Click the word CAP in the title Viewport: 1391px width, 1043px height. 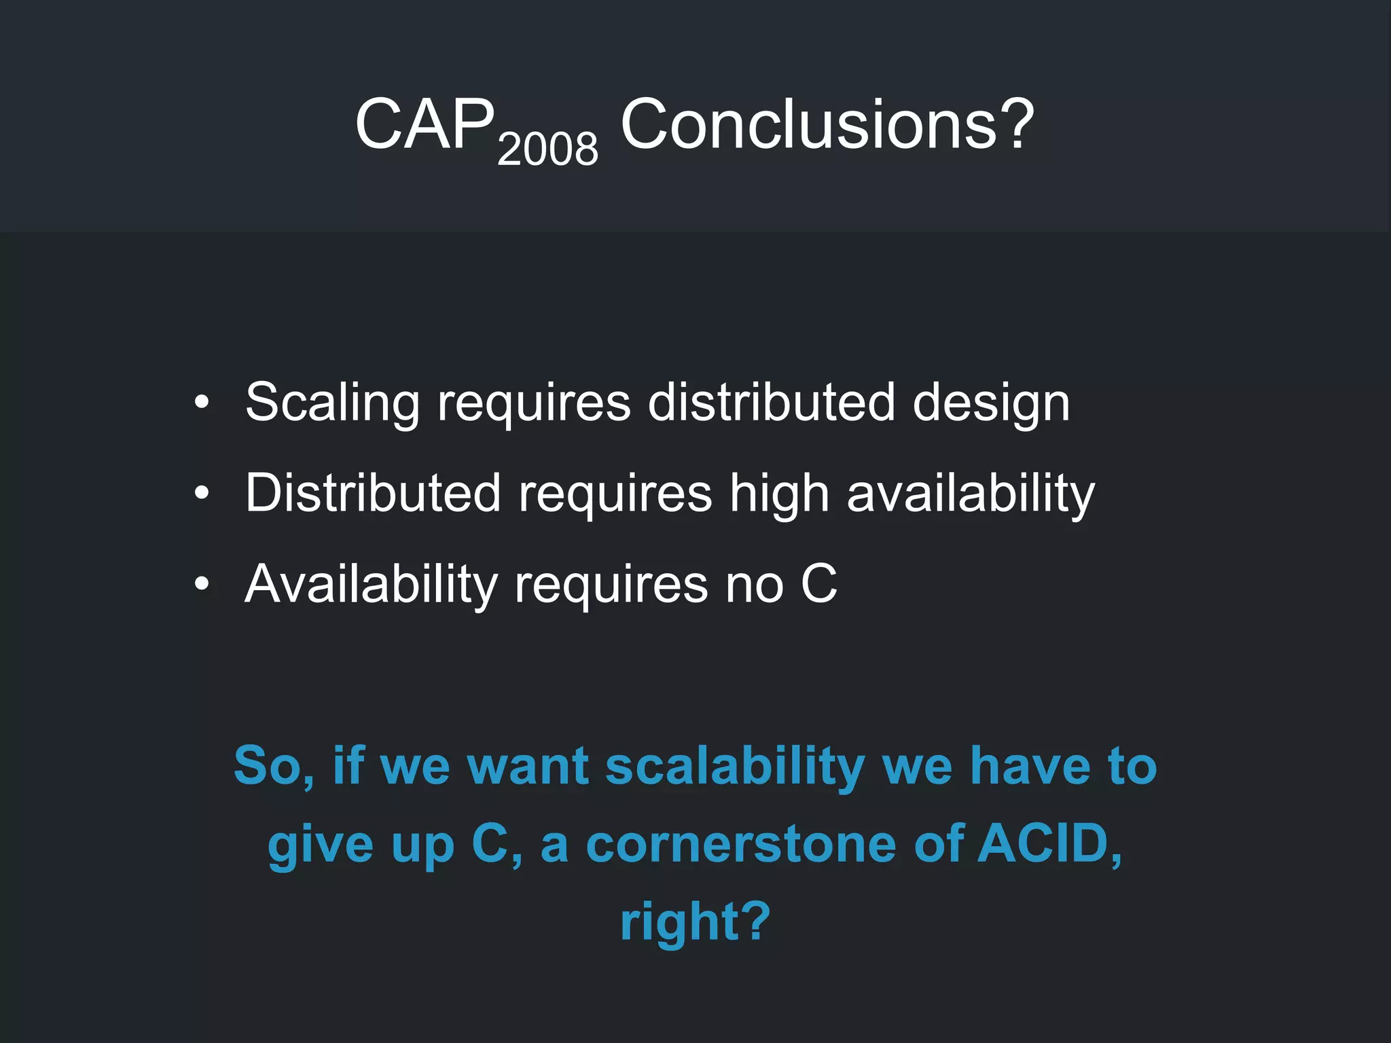click(424, 124)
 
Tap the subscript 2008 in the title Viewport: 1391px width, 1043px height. click(547, 149)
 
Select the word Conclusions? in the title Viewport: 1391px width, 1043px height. click(827, 124)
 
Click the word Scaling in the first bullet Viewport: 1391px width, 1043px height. click(332, 403)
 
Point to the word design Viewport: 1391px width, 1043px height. click(991, 403)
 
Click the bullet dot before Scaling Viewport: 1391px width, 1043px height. click(202, 403)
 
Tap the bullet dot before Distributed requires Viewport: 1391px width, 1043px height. click(202, 494)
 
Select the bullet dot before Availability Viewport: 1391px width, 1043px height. click(202, 584)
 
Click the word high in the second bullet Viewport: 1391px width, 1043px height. click(779, 494)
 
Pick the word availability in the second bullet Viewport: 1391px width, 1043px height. click(971, 494)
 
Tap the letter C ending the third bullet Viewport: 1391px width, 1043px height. click(818, 584)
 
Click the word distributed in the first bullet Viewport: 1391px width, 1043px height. click(771, 403)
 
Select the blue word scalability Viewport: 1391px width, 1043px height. click(734, 767)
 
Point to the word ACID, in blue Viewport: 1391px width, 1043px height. click(1049, 844)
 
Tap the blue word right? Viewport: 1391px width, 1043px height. click(695, 922)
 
